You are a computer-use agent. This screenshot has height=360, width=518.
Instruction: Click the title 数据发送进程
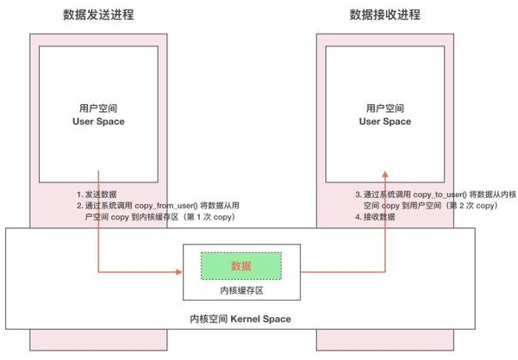click(99, 15)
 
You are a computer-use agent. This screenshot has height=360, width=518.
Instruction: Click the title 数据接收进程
click(384, 15)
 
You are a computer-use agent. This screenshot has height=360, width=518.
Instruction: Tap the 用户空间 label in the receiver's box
click(384, 109)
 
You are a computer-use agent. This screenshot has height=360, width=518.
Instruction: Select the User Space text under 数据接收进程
click(384, 121)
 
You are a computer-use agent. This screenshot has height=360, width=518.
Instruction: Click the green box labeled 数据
click(241, 265)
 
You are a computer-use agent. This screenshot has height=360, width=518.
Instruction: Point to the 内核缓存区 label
click(241, 291)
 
